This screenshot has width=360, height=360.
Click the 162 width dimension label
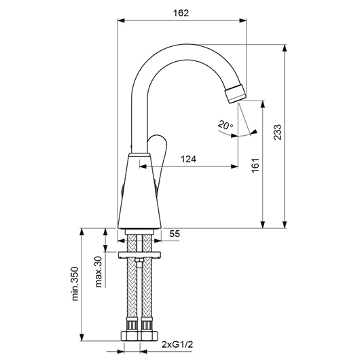pyautogui.click(x=181, y=13)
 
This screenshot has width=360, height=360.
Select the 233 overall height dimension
pyautogui.click(x=277, y=132)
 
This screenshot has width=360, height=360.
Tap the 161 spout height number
pyautogui.click(x=255, y=165)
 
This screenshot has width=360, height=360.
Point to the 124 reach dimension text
pyautogui.click(x=188, y=159)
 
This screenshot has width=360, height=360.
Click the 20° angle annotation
pyautogui.click(x=225, y=125)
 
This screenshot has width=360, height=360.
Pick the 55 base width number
pyautogui.click(x=175, y=234)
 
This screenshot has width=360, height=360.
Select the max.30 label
pyautogui.click(x=98, y=272)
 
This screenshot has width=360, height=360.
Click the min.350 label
pyautogui.click(x=75, y=283)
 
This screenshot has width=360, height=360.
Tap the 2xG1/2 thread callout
pyautogui.click(x=177, y=344)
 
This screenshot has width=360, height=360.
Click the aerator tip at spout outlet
pyautogui.click(x=235, y=94)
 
